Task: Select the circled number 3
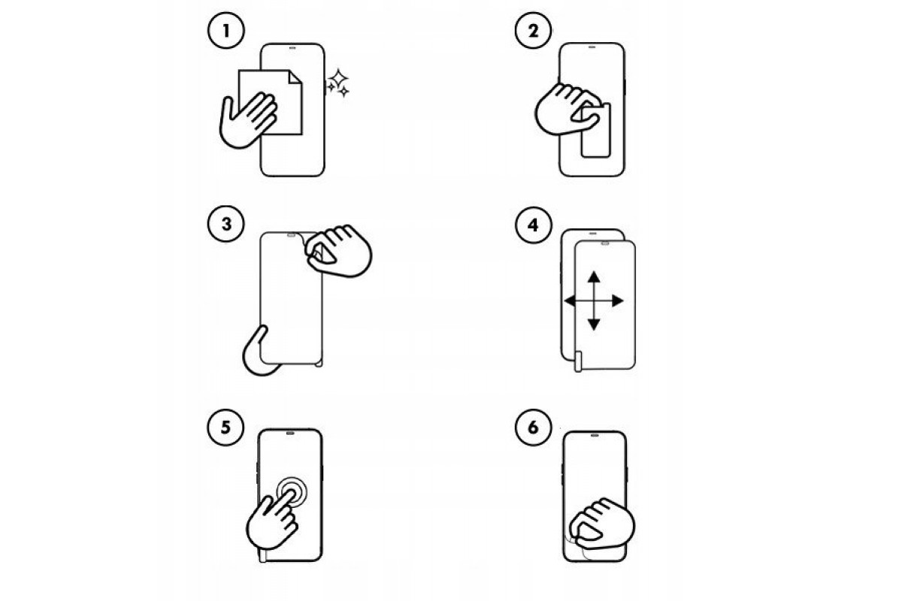pos(222,225)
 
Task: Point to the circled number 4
pos(531,225)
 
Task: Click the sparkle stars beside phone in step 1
pos(339,83)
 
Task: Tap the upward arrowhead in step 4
pos(594,276)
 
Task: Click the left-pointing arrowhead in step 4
pos(569,300)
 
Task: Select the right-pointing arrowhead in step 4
pos(619,300)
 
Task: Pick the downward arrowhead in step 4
pos(594,325)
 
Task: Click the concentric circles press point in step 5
pos(291,492)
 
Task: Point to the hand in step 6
pos(601,524)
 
